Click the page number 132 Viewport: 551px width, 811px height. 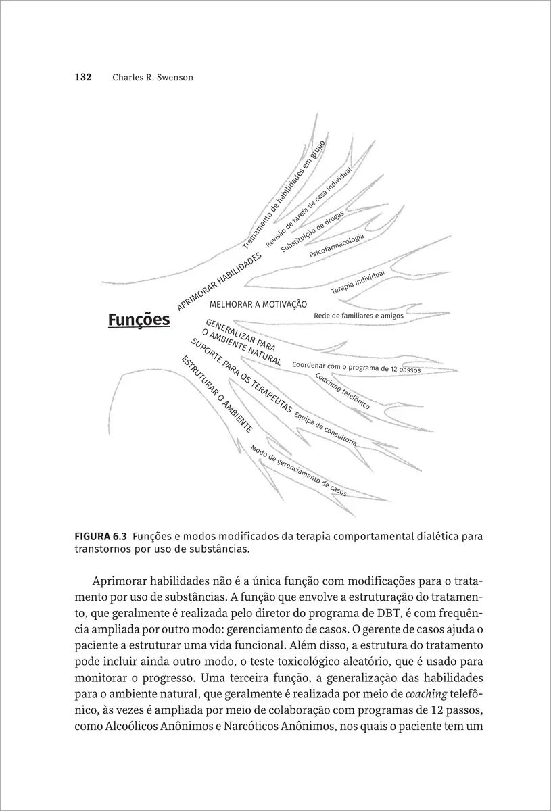pyautogui.click(x=82, y=77)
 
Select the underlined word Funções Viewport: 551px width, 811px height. pyautogui.click(x=139, y=320)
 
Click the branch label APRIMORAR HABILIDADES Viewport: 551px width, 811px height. pyautogui.click(x=219, y=282)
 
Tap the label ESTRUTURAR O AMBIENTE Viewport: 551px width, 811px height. pyautogui.click(x=216, y=393)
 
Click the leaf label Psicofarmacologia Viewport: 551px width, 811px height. pyautogui.click(x=337, y=246)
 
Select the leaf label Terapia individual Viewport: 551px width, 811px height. pyautogui.click(x=358, y=281)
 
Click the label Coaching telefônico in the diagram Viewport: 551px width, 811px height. pyautogui.click(x=342, y=391)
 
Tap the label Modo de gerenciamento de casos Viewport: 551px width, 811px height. pyautogui.click(x=298, y=471)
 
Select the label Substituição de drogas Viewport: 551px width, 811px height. pyautogui.click(x=312, y=231)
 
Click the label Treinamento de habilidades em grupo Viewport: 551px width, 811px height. pyautogui.click(x=284, y=195)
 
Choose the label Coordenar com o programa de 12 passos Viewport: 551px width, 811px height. pyautogui.click(x=356, y=368)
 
